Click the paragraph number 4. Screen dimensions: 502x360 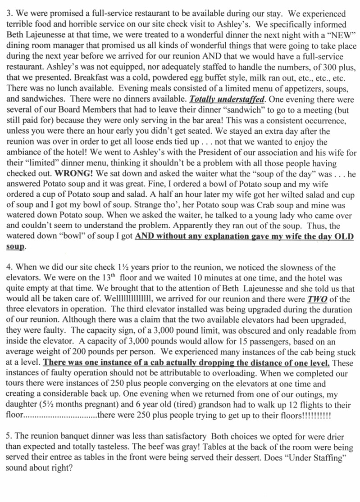point(9,268)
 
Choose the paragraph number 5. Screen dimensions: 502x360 point(9,437)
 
